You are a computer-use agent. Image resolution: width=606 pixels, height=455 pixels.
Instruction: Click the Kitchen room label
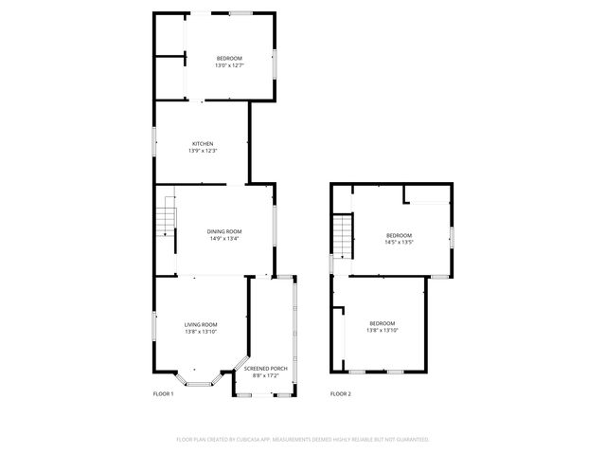pyautogui.click(x=203, y=144)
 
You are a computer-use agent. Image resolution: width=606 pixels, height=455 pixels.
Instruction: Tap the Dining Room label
pyautogui.click(x=224, y=231)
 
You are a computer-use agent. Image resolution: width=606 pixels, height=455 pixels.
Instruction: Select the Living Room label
pyautogui.click(x=201, y=324)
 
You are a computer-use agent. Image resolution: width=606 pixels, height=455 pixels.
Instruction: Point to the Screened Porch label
pyautogui.click(x=266, y=368)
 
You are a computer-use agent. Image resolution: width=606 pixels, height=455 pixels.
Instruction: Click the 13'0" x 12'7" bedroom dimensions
pyautogui.click(x=229, y=65)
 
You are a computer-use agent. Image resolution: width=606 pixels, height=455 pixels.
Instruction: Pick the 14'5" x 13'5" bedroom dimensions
pyautogui.click(x=399, y=242)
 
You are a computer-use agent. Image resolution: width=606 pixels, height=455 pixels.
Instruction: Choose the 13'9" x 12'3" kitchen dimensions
pyautogui.click(x=203, y=152)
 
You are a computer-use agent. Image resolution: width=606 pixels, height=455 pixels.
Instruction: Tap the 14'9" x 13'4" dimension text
pyautogui.click(x=224, y=239)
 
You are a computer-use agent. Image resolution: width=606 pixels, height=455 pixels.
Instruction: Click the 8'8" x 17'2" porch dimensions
pyautogui.click(x=266, y=375)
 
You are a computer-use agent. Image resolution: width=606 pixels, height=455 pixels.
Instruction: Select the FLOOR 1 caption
pyautogui.click(x=163, y=393)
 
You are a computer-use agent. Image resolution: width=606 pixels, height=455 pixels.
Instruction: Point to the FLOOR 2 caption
pyautogui.click(x=340, y=393)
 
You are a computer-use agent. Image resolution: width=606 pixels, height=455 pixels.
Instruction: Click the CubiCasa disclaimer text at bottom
pyautogui.click(x=303, y=439)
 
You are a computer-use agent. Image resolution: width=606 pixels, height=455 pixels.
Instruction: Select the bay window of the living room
pyautogui.click(x=200, y=383)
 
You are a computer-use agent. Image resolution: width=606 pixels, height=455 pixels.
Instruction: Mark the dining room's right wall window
pyautogui.click(x=275, y=224)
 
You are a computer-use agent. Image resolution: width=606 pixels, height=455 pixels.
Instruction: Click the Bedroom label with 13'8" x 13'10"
pyautogui.click(x=382, y=322)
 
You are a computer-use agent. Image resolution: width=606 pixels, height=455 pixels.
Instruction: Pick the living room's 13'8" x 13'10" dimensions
pyautogui.click(x=201, y=332)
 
